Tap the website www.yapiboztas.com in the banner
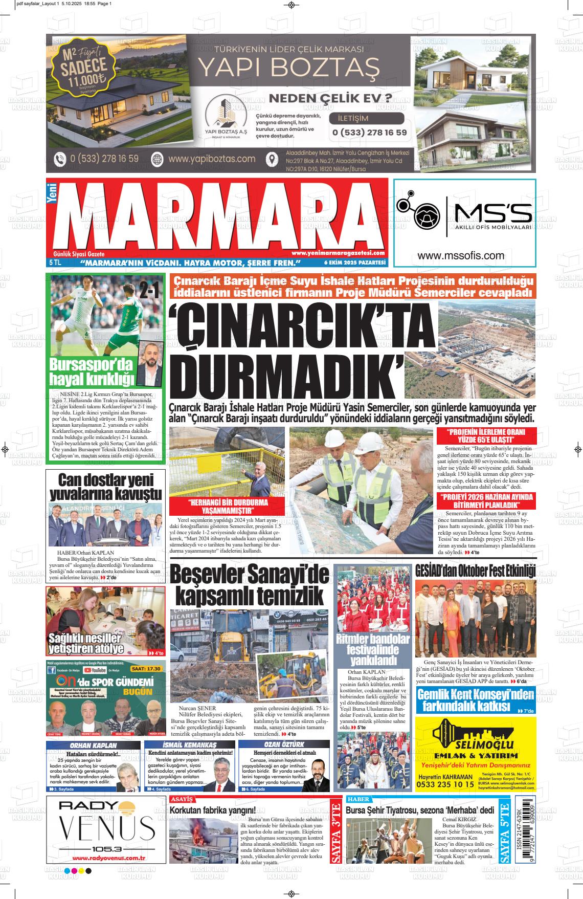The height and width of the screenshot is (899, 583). pos(211,159)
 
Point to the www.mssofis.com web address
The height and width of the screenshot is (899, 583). pos(461,256)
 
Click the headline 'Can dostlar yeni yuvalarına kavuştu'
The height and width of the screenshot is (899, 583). pos(106,487)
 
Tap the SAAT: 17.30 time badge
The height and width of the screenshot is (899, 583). pos(146,668)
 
